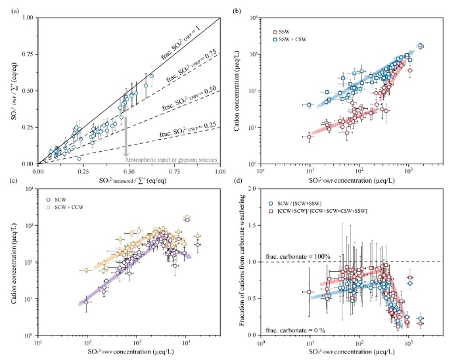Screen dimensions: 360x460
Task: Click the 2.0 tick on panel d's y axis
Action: click(254, 189)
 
